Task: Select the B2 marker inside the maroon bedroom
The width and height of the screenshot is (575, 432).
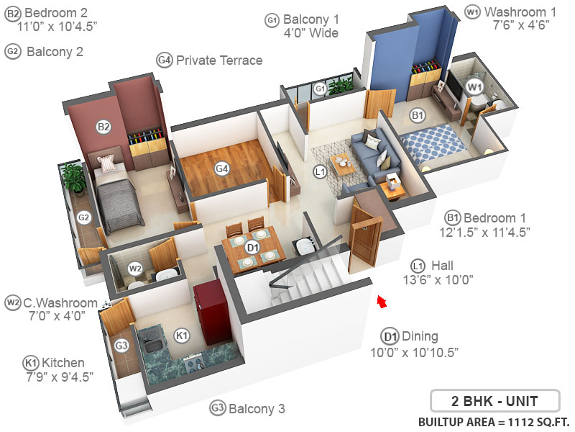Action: [x=104, y=127]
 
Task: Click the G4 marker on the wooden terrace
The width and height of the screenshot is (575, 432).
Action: [x=222, y=168]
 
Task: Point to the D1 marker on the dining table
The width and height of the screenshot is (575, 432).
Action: [x=252, y=247]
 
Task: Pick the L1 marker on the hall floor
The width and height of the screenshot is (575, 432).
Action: [x=321, y=171]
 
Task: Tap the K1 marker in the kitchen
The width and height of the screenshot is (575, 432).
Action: [x=182, y=335]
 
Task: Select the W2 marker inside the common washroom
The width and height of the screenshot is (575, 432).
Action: [x=135, y=269]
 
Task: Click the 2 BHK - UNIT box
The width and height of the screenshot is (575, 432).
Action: [x=494, y=400]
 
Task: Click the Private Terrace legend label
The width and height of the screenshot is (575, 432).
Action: [x=218, y=60]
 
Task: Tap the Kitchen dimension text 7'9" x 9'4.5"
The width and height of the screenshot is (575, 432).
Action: [x=57, y=376]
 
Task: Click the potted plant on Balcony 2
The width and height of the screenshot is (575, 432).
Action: [x=73, y=177]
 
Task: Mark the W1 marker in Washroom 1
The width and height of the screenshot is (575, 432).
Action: [x=474, y=87]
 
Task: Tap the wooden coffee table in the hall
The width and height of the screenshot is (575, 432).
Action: [x=344, y=163]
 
